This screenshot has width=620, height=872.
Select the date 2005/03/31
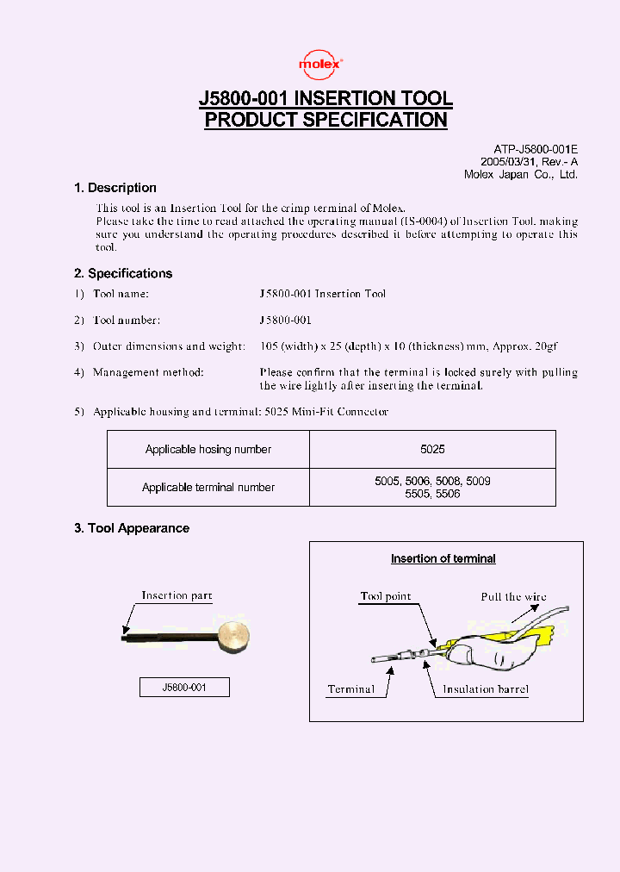[x=508, y=162]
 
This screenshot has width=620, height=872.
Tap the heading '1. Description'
[x=115, y=188]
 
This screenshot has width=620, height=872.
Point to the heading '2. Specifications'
[x=123, y=274]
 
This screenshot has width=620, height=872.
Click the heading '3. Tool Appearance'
[x=132, y=528]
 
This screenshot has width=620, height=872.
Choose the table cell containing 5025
[x=432, y=450]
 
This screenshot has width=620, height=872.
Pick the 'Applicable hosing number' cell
[x=208, y=450]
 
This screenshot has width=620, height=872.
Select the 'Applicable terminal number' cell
[x=208, y=487]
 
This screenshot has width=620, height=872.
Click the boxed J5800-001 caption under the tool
[x=184, y=687]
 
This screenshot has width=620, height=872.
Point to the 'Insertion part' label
[x=177, y=595]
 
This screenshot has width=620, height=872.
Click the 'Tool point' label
[x=386, y=596]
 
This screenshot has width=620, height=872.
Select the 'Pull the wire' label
[x=513, y=596]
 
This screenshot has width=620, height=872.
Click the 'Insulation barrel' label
[x=486, y=689]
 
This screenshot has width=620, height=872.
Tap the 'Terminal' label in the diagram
[x=351, y=689]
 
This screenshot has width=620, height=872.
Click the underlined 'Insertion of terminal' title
[x=443, y=558]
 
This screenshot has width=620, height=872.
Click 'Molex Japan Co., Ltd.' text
[x=521, y=174]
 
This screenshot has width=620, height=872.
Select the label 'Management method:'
[x=148, y=372]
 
